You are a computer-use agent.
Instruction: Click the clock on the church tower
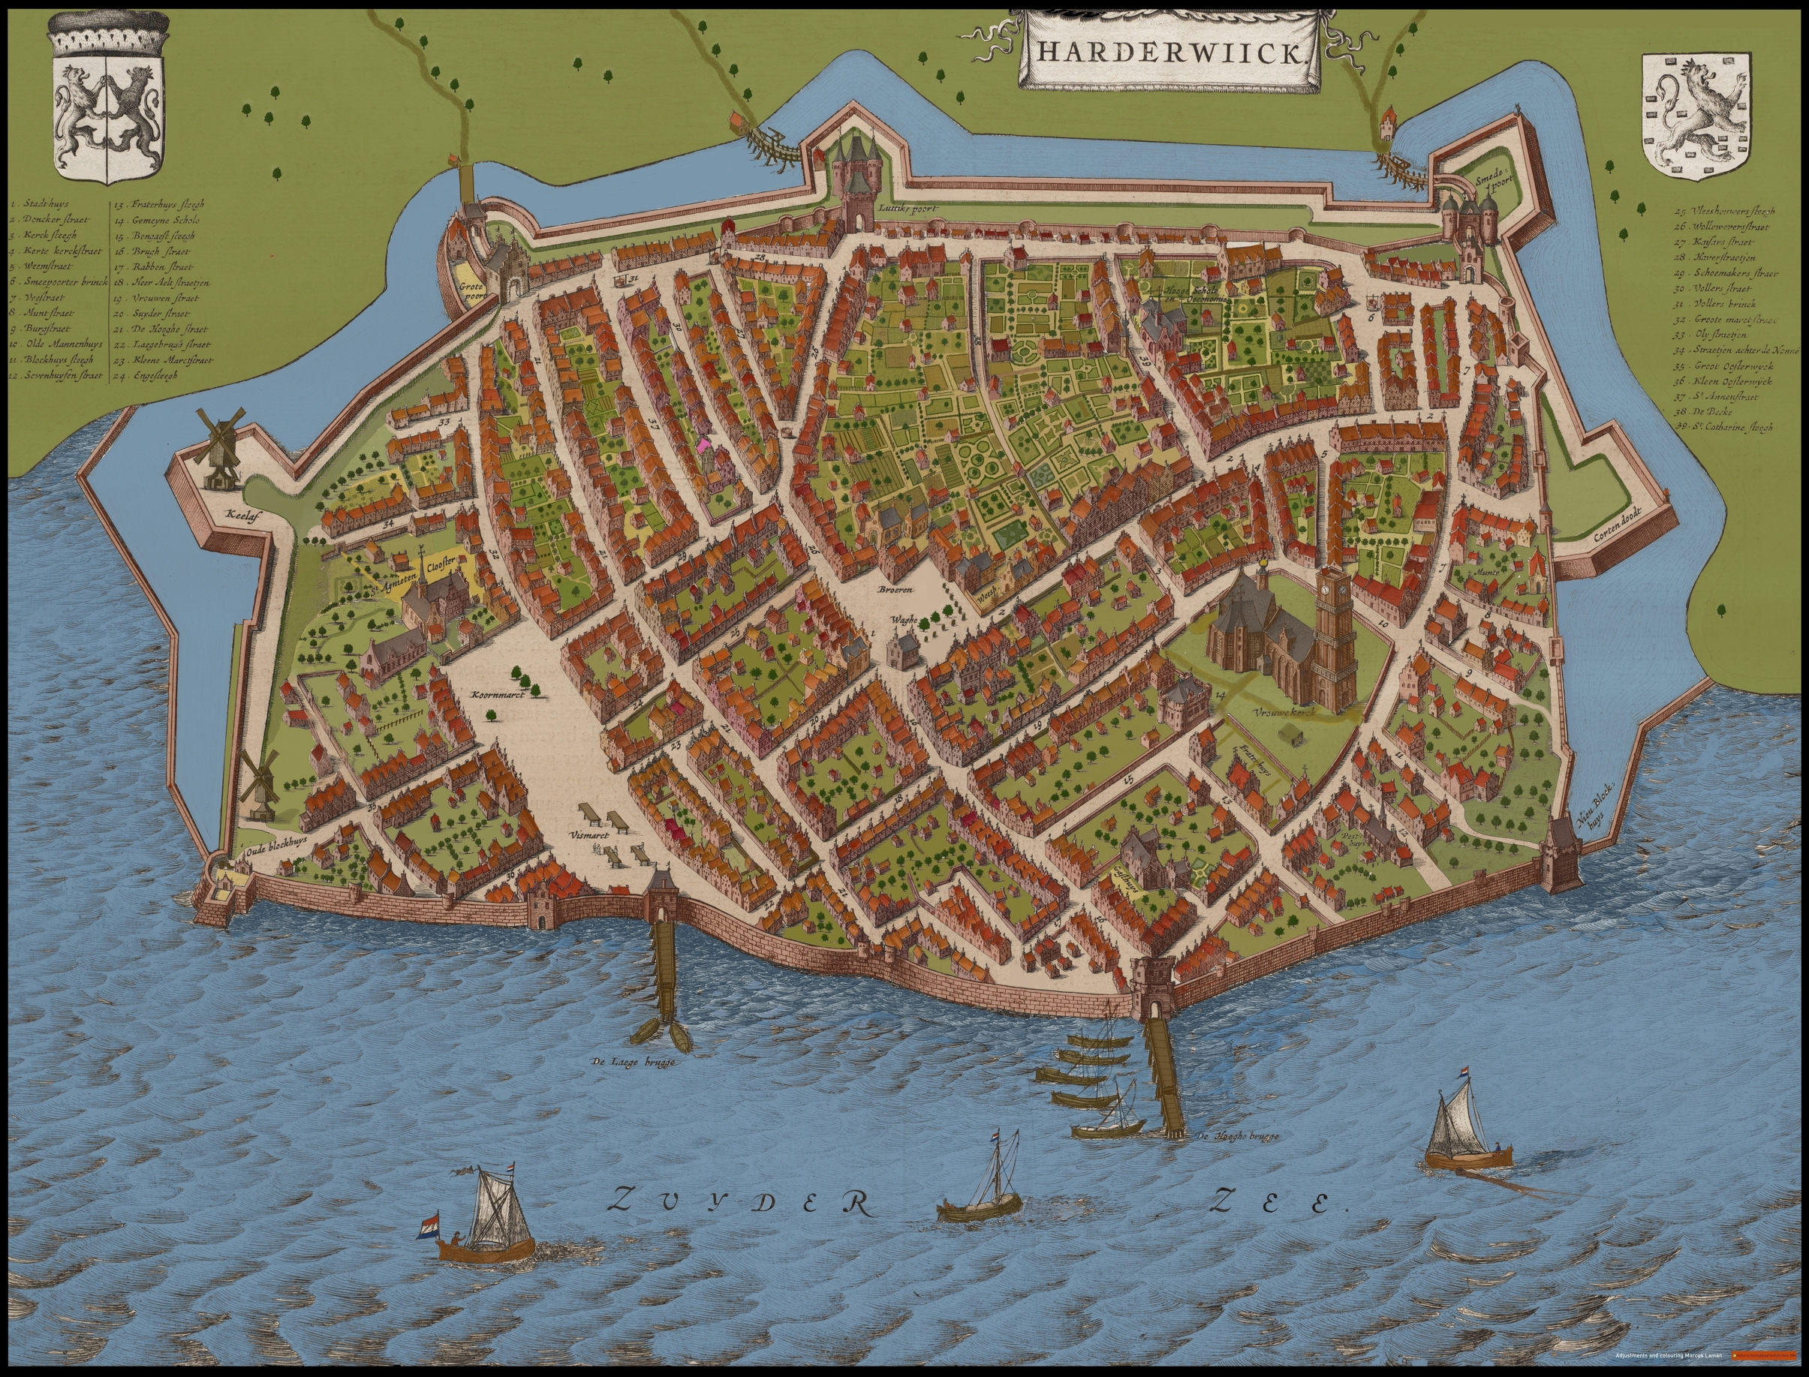(1334, 586)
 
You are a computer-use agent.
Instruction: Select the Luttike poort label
(905, 208)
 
